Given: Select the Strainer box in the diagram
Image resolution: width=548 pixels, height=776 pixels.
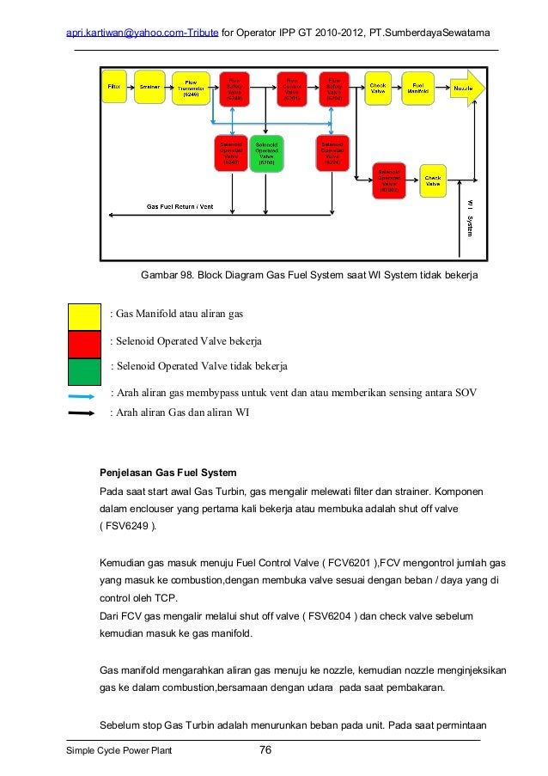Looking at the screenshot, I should tap(149, 88).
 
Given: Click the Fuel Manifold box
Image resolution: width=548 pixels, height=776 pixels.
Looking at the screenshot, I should tap(418, 89).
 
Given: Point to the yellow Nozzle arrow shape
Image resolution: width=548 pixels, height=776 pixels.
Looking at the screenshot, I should tap(465, 89).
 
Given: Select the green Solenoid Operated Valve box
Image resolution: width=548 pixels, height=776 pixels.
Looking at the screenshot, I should tap(266, 153).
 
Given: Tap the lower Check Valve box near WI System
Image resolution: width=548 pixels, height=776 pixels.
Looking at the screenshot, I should tap(433, 180).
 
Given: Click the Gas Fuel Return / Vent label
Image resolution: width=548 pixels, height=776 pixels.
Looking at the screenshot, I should tap(180, 207).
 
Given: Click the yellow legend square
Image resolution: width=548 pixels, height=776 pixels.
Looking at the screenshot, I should tap(84, 315).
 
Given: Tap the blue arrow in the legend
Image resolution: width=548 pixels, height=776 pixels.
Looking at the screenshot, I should tap(82, 396).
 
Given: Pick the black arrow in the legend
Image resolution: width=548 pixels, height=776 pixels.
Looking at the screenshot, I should tap(82, 413).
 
